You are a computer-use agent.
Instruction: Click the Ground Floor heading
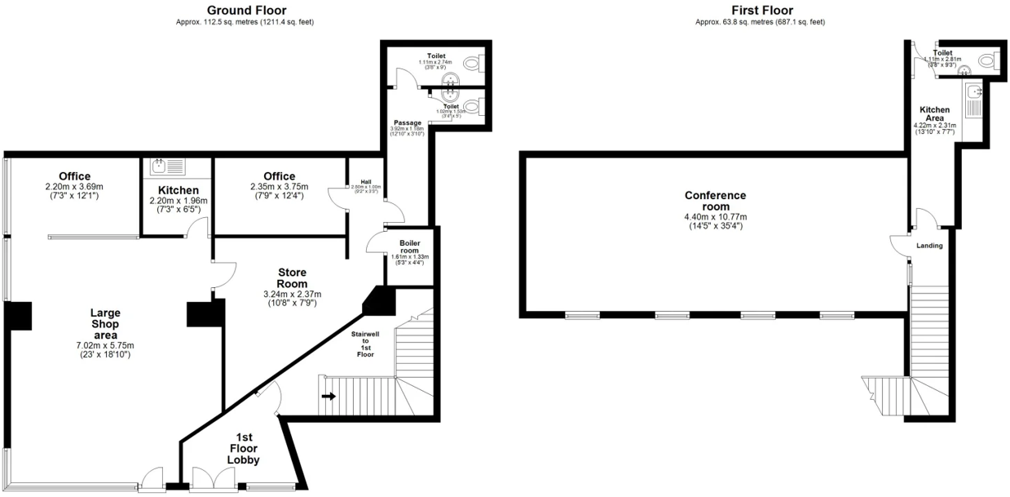pos(245,10)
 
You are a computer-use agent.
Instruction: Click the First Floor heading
pos(762,10)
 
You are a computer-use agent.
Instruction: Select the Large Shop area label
pos(105,322)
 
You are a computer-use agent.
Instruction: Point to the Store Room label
pos(292,277)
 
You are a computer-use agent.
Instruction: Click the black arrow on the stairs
pos(329,397)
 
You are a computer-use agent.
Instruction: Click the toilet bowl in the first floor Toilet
pos(988,60)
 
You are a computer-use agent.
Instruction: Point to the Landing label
pos(929,246)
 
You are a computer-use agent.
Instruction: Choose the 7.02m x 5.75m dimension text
pos(105,344)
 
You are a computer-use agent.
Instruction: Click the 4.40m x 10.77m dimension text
pos(715,216)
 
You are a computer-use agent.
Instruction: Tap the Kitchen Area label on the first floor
pos(934,113)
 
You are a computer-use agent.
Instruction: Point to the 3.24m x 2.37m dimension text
pos(292,294)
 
